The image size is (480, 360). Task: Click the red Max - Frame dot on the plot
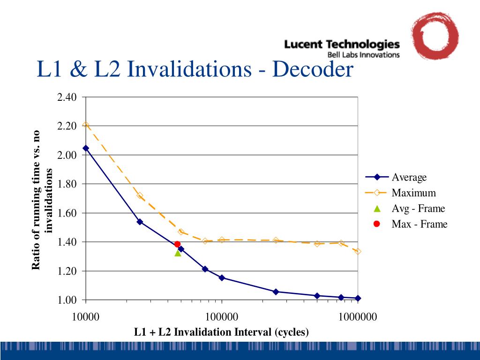pos(177,244)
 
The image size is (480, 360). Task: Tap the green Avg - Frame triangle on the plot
pos(178,253)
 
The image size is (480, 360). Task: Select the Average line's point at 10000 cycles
pos(86,148)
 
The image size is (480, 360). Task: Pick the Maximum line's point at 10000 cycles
pos(86,125)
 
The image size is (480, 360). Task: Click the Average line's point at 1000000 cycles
pos(358,298)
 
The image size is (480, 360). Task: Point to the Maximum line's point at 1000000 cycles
pos(358,252)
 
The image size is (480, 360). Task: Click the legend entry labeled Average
pos(409,178)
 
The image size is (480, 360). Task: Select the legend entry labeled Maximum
pos(413,193)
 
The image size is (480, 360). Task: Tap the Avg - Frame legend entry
pos(418,209)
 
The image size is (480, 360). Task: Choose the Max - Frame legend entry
pos(420,224)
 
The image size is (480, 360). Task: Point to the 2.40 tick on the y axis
pos(67,97)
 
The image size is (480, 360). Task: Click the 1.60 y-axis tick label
pos(67,213)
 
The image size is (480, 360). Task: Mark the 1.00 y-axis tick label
pos(67,300)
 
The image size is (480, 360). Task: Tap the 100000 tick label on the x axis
pos(221,317)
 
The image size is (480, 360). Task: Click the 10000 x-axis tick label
pos(86,317)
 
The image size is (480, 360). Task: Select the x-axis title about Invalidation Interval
pos(221,332)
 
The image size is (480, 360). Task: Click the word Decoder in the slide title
pos(312,70)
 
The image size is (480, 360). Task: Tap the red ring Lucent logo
pos(435,36)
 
